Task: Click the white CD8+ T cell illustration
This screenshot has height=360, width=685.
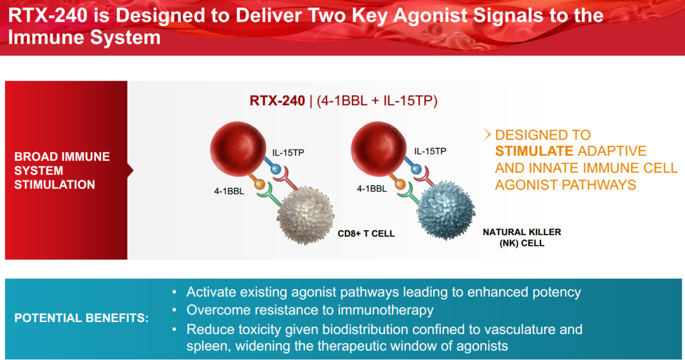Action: [x=305, y=216]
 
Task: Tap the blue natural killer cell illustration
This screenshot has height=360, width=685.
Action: [x=446, y=210]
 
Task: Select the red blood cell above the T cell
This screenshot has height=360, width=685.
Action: [x=238, y=149]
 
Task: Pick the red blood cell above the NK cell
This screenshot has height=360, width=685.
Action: [x=379, y=149]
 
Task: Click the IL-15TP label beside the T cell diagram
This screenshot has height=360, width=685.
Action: [x=288, y=153]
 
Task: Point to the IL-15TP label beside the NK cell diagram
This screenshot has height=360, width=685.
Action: [x=430, y=151]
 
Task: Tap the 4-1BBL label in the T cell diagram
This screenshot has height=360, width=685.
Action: [x=229, y=191]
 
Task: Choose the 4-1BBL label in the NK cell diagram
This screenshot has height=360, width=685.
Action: [x=372, y=188]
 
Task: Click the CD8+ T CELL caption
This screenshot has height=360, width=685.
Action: [x=366, y=234]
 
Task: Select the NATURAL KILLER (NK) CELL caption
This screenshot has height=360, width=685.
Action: [x=522, y=238]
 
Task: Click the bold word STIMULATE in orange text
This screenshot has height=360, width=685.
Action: [x=534, y=151]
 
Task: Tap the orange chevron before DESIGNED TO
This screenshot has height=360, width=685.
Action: [x=487, y=135]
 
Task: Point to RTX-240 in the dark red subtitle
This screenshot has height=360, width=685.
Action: [x=277, y=101]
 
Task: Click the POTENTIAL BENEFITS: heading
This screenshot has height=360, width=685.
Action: [x=81, y=318]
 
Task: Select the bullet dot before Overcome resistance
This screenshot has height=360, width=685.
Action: [x=175, y=311]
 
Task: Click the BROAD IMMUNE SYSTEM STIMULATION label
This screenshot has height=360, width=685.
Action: [x=62, y=170]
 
